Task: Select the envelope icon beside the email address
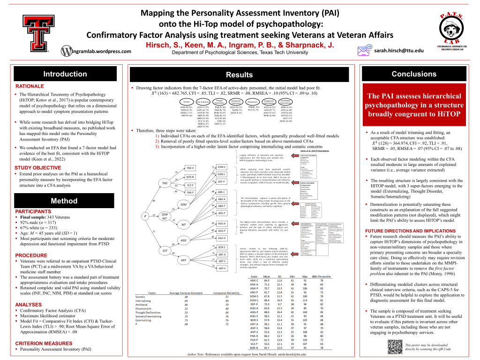point(364,50)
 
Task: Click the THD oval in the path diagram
point(165,183)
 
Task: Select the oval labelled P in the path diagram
point(146,215)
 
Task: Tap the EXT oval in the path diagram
point(165,250)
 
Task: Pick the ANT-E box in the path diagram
point(222,268)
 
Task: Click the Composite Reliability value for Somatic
point(226,297)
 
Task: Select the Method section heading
point(65,201)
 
